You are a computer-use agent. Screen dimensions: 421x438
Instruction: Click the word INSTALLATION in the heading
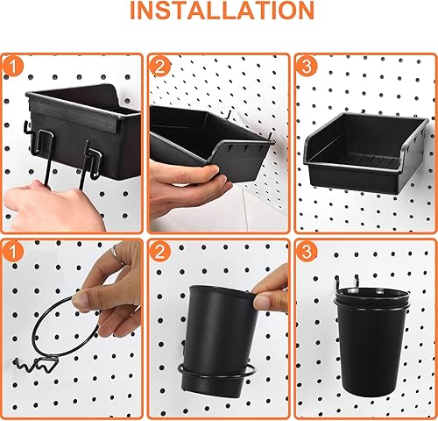pyautogui.click(x=219, y=11)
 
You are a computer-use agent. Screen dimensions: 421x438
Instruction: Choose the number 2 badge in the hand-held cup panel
pyautogui.click(x=160, y=251)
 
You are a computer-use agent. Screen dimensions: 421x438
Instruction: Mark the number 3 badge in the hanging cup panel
pyautogui.click(x=307, y=251)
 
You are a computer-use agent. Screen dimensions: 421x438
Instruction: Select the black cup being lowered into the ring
pyautogui.click(x=219, y=333)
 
